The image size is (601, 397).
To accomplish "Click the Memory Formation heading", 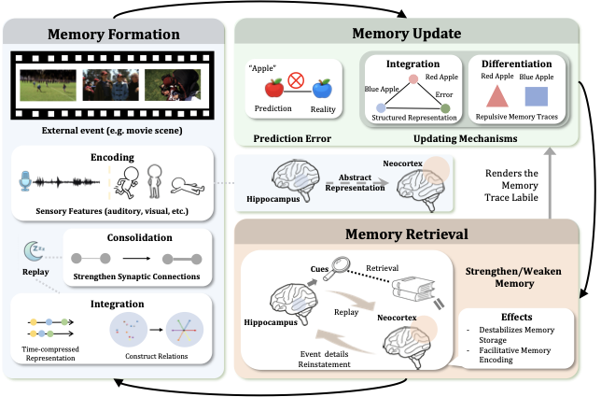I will pos(114,35).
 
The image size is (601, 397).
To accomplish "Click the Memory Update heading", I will pos(406,35).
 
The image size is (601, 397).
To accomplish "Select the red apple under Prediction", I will pos(274,88).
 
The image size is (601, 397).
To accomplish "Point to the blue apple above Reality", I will pos(322,88).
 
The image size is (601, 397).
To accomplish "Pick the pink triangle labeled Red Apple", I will pos(498,96).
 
